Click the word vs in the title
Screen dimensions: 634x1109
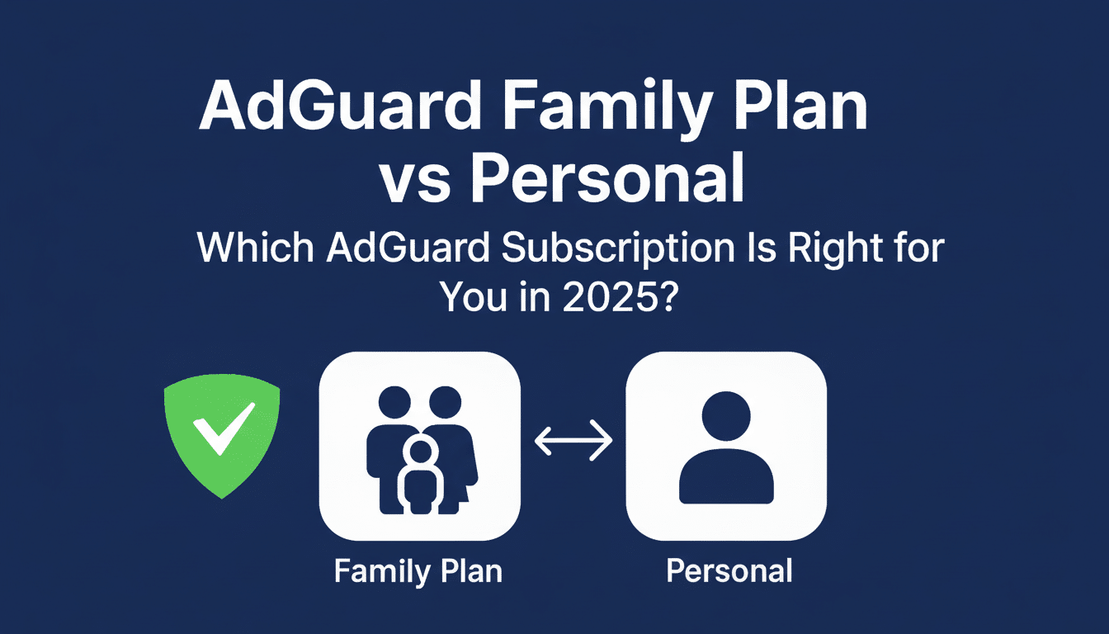(417, 181)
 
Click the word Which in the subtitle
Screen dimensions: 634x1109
(252, 249)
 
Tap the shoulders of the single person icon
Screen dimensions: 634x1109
(726, 477)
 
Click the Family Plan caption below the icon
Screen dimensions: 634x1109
(418, 571)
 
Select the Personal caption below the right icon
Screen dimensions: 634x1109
(729, 571)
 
